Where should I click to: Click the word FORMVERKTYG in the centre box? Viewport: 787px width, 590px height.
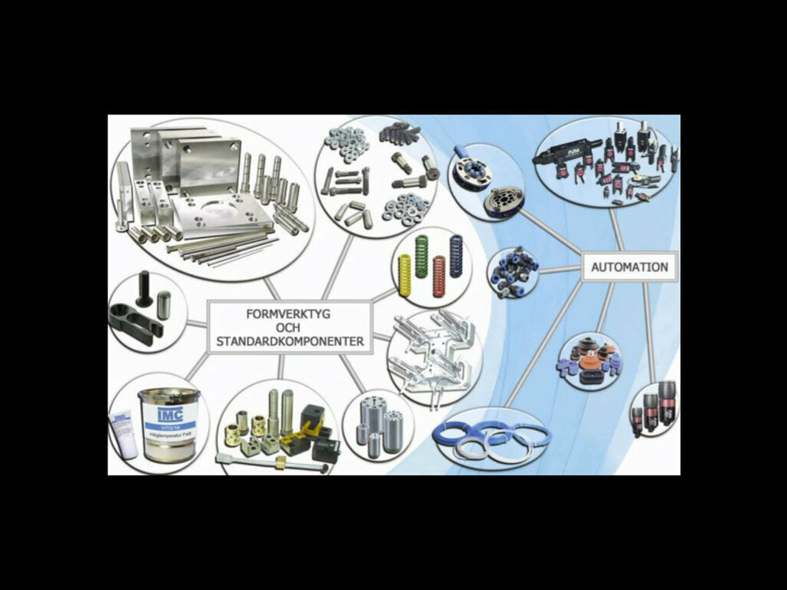click(x=290, y=314)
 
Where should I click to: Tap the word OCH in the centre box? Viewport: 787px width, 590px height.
click(x=290, y=327)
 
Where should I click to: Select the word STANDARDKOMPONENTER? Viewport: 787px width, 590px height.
click(x=290, y=340)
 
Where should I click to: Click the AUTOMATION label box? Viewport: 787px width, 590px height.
click(x=629, y=267)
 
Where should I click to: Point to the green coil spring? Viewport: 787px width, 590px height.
click(x=421, y=256)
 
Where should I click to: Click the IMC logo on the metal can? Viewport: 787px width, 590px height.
click(x=169, y=414)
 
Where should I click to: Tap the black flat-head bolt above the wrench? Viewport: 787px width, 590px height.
click(x=144, y=288)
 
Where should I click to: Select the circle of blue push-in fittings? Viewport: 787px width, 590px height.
click(x=513, y=270)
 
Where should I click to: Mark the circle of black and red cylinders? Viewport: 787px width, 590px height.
click(x=654, y=408)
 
